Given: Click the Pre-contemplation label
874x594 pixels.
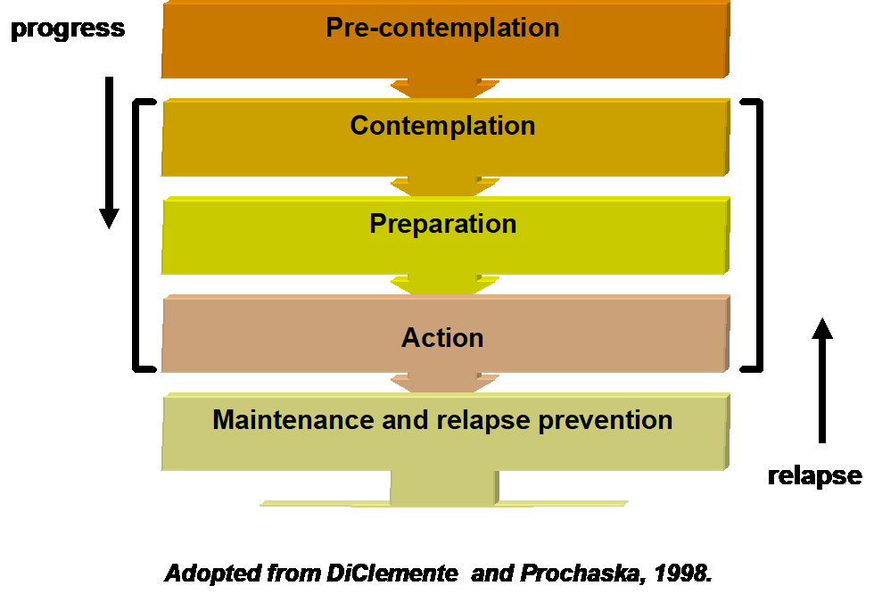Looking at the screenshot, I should tap(442, 28).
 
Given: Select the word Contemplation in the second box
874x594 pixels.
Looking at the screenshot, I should tap(442, 126).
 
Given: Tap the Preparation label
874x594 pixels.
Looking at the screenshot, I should tap(442, 224).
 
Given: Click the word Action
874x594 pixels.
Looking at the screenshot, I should tap(442, 338).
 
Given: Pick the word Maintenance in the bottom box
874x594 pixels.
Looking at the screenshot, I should tap(282, 420).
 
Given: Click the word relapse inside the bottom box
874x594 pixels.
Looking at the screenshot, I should tap(464, 420).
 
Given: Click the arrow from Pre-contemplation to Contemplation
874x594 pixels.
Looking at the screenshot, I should tap(444, 88).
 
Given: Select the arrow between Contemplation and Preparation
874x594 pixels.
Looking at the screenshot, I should tap(444, 186).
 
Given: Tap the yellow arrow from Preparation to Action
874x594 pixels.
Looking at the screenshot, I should tap(444, 285).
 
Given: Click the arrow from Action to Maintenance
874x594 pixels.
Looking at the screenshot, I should tap(444, 383).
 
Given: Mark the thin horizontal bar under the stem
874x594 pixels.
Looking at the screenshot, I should tap(444, 504).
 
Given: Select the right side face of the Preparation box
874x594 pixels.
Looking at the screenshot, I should tap(727, 235).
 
